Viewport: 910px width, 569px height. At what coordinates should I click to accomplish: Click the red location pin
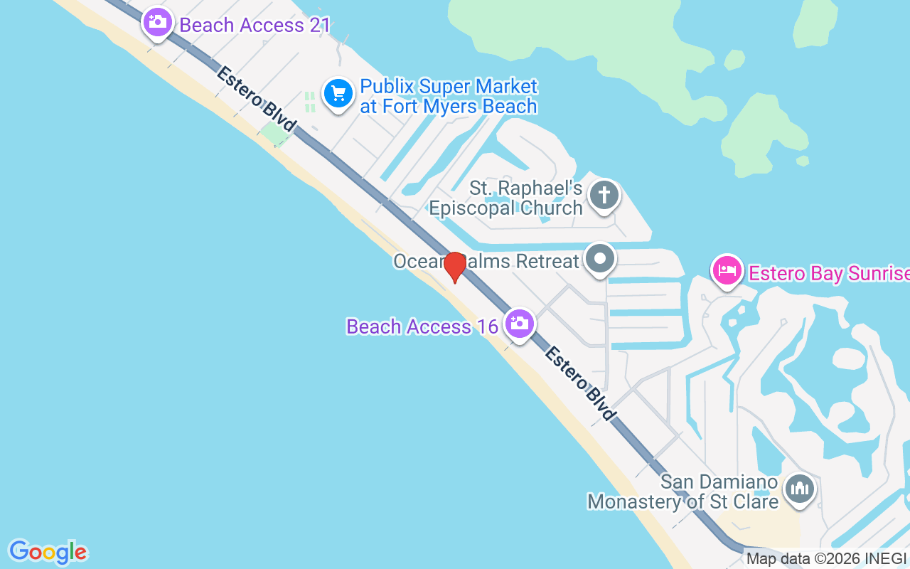(455, 267)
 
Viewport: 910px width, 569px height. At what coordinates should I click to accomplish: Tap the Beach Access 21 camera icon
(158, 22)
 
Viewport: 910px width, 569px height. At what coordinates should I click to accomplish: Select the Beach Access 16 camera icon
(520, 324)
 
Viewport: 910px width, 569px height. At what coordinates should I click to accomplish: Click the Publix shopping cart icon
(338, 93)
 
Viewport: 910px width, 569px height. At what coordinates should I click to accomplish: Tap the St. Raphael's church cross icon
(604, 194)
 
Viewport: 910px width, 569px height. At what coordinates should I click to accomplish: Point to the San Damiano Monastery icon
(800, 489)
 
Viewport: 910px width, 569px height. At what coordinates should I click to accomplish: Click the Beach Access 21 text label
(255, 26)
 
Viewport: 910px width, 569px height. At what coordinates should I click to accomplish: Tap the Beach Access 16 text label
(422, 326)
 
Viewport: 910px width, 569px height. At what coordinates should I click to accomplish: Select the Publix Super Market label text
(449, 97)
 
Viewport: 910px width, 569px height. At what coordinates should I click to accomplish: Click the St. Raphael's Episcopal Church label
(505, 199)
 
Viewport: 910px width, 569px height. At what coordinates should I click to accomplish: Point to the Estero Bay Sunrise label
(829, 274)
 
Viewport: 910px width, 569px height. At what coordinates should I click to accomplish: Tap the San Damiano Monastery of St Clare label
(683, 491)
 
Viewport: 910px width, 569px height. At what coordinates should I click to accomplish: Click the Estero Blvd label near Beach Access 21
(257, 98)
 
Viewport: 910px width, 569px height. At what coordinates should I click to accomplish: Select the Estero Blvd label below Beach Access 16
(580, 383)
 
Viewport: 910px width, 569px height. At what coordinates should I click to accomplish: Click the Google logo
(48, 552)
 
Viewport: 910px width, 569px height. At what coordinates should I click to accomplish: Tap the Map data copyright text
(827, 559)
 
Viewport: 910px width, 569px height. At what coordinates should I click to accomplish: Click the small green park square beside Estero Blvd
(274, 134)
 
